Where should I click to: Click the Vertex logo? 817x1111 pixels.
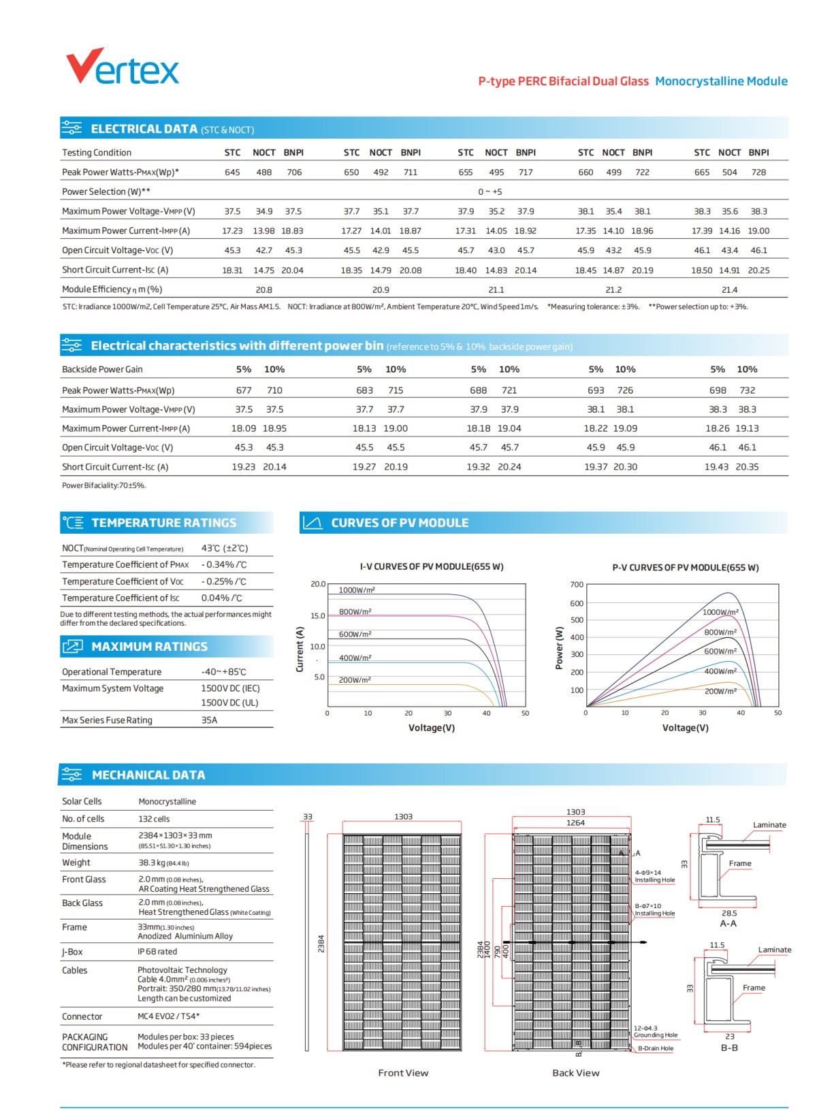click(123, 67)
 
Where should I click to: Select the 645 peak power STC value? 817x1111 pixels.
click(232, 172)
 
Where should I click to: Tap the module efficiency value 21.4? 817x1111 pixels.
click(729, 290)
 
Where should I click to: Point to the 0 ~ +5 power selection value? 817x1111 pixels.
click(490, 192)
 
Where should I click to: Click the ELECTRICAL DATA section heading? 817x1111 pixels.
click(144, 129)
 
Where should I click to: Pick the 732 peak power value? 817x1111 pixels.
click(748, 391)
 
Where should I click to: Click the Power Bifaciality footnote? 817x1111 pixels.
click(104, 485)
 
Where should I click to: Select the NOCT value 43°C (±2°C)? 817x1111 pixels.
click(225, 548)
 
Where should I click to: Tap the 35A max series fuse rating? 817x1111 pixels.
click(209, 720)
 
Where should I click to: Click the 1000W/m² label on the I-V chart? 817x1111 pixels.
click(357, 590)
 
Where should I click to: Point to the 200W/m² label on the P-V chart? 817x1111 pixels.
click(720, 691)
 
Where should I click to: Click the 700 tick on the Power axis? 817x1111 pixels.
click(577, 585)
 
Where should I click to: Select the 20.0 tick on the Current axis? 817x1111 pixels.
click(318, 584)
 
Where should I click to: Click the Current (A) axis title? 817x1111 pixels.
click(299, 649)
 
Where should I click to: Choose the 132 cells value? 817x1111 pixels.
click(154, 819)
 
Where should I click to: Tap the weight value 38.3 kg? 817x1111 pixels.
click(163, 863)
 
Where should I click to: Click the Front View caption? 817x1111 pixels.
click(403, 1073)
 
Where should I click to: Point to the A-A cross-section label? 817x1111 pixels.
click(728, 924)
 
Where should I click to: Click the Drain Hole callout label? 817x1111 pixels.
click(655, 1048)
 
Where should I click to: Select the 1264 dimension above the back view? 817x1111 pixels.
click(575, 823)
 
